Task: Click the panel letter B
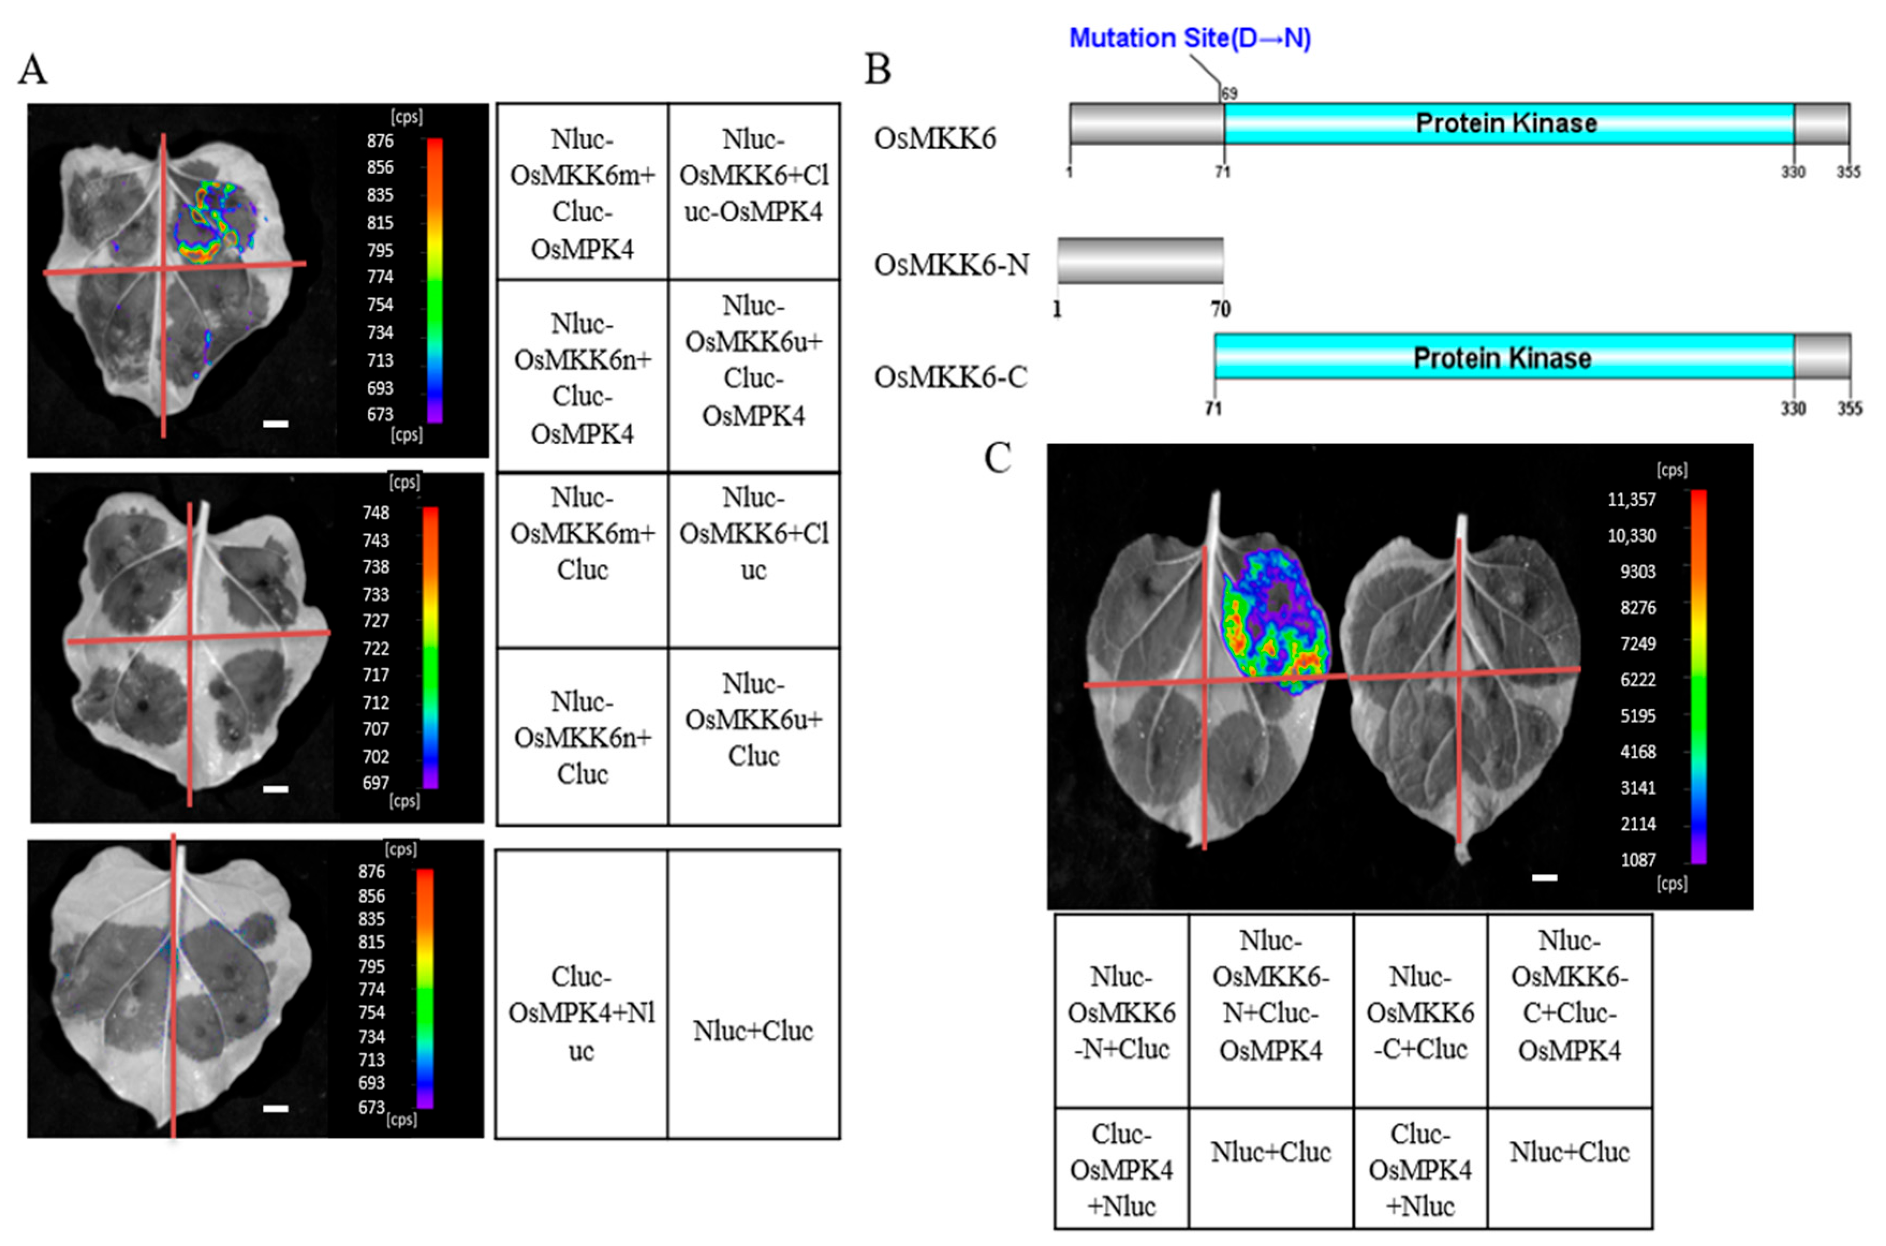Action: pos(877,69)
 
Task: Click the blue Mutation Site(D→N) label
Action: pos(1190,38)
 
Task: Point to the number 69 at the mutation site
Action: pos(1230,94)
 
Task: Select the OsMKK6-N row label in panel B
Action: pos(951,265)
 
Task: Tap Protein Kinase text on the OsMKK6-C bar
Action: pos(1502,358)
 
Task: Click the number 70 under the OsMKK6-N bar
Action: pos(1221,309)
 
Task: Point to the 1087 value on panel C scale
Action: pos(1638,860)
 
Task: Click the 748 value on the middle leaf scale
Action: pos(376,513)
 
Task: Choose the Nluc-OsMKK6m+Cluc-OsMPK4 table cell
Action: pos(582,193)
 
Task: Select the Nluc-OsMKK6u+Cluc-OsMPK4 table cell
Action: pos(753,360)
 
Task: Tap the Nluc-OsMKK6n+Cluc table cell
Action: pos(582,737)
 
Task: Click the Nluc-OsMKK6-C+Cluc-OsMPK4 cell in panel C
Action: pos(1569,995)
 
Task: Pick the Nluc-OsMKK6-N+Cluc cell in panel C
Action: pos(1121,1012)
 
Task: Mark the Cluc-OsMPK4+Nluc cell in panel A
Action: pos(581,1013)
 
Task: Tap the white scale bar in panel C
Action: pos(1544,877)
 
